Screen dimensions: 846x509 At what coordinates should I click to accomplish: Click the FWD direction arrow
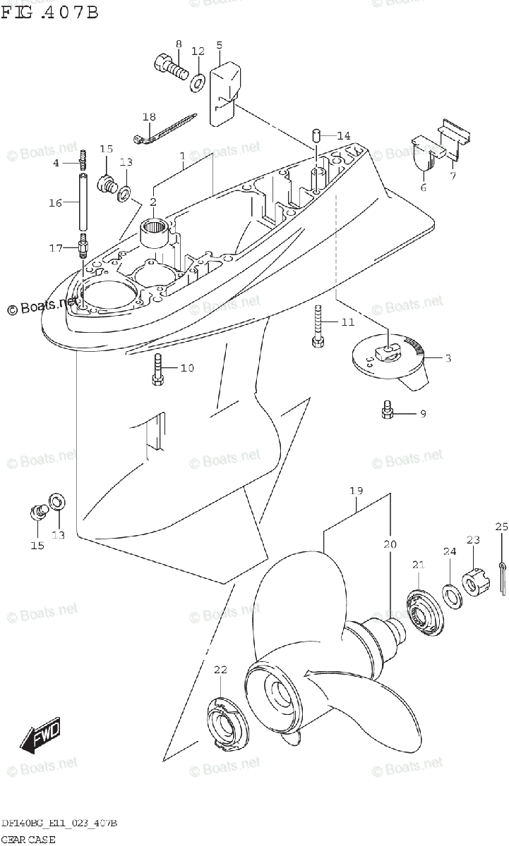[x=41, y=734]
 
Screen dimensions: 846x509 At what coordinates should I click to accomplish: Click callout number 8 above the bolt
[x=178, y=44]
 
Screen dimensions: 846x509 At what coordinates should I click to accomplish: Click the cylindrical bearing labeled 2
[x=160, y=233]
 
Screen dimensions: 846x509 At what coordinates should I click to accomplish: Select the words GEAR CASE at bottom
[x=28, y=839]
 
